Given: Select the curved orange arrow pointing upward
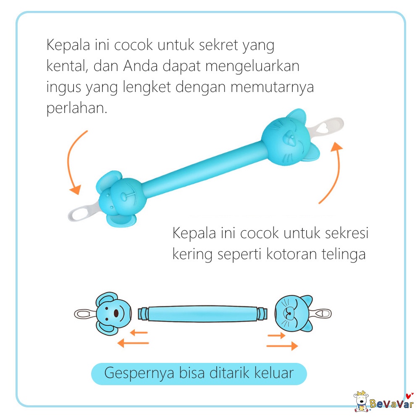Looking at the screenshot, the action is tap(332, 172).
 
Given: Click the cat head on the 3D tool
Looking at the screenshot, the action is tap(288, 136).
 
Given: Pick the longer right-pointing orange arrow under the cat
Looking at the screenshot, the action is tap(282, 346).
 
